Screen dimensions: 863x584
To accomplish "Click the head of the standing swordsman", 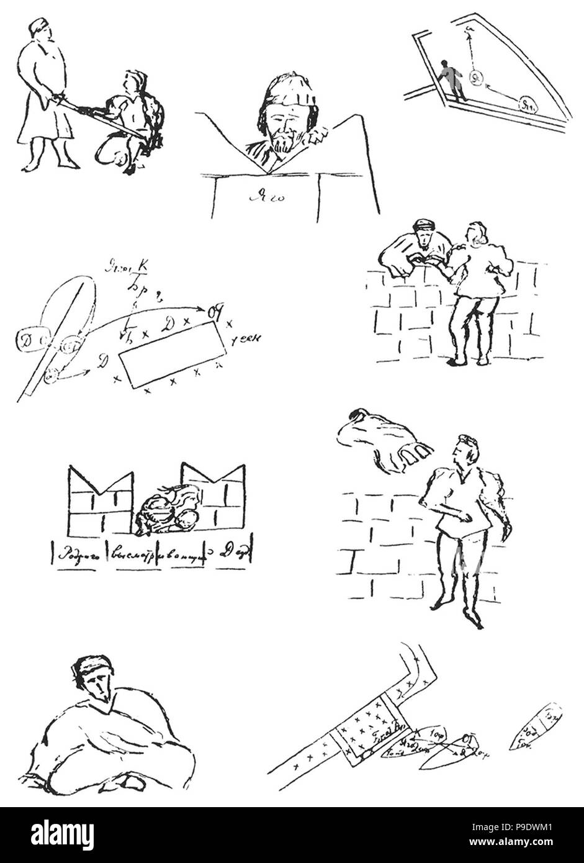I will click(x=38, y=29).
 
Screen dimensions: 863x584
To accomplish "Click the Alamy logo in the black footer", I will click(x=61, y=835).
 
